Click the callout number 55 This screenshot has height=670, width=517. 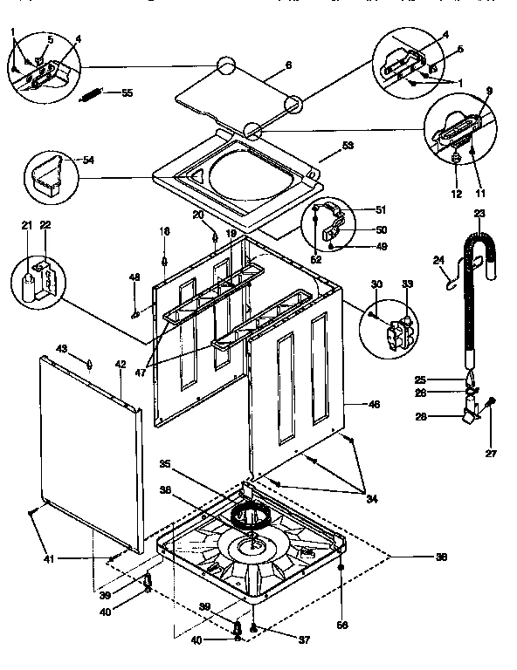(x=128, y=92)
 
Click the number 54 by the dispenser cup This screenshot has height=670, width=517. (x=88, y=160)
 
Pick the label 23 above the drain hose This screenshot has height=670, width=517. (x=479, y=214)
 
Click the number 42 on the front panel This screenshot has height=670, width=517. (x=121, y=364)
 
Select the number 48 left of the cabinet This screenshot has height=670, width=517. (x=134, y=277)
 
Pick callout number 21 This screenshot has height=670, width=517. (x=28, y=226)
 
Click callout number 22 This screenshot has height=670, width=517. (x=45, y=226)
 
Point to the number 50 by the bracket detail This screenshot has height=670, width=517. (x=380, y=229)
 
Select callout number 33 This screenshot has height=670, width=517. (x=406, y=284)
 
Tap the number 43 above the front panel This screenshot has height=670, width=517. (x=62, y=349)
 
